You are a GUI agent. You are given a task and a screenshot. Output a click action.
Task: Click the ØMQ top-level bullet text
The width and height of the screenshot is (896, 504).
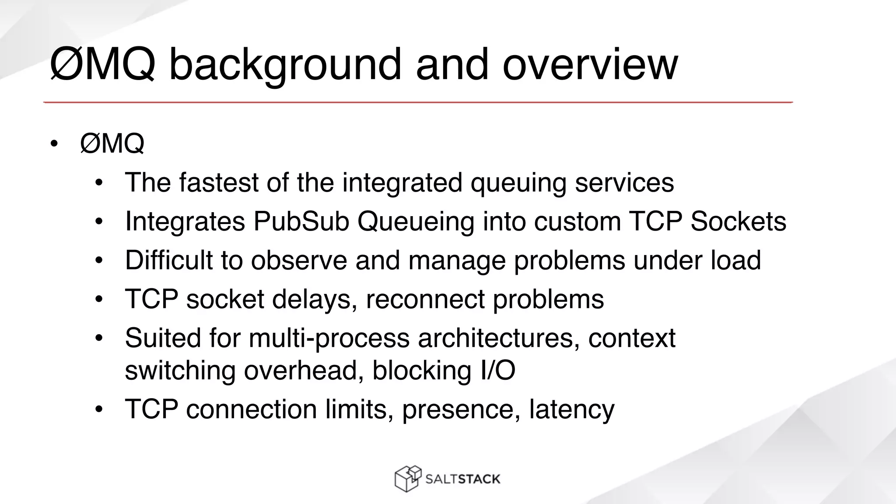tap(112, 143)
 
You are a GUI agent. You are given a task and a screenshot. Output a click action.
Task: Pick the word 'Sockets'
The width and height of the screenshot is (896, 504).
tap(738, 221)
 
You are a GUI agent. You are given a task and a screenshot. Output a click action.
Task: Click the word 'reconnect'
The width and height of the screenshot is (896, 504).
tap(425, 299)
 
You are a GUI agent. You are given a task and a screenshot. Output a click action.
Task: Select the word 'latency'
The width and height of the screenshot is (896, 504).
tap(571, 409)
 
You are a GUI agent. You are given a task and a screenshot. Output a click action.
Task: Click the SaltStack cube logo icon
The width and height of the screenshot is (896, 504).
tap(408, 479)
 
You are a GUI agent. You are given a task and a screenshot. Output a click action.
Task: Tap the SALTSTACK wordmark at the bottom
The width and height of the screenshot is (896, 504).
tap(462, 479)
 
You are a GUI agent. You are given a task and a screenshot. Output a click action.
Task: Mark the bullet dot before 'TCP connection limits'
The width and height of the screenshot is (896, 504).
tap(99, 409)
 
